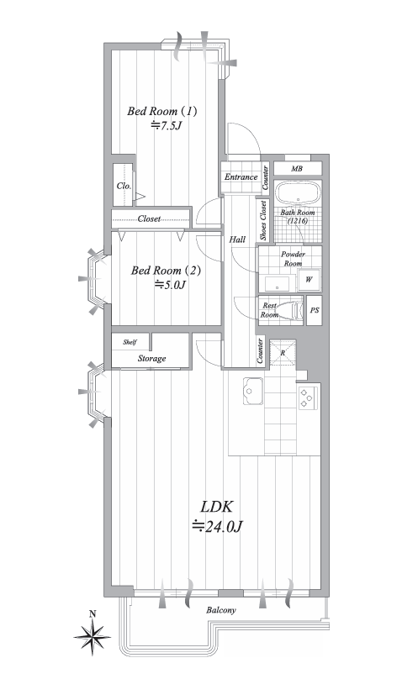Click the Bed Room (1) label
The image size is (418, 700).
coord(162,111)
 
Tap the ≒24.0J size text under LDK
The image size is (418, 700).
coord(217,527)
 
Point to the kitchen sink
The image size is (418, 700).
coord(253,391)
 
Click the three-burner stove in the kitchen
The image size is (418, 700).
coord(309,397)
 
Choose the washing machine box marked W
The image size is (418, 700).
coord(309,280)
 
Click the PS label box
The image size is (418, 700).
coord(314,310)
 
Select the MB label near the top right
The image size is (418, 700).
coord(297,169)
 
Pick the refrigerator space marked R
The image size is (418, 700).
coord(283,353)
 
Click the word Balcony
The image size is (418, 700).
coord(221,610)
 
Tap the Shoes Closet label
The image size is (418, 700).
coord(263,220)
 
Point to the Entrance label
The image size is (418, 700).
coord(241,176)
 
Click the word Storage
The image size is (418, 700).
coord(151,359)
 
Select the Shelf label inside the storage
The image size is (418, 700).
coord(130,342)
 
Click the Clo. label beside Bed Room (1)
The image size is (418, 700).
coord(124,186)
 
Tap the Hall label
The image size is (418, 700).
coord(237,239)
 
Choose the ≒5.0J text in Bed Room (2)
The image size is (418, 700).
coord(170,284)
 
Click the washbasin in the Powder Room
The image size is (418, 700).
coord(278,283)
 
